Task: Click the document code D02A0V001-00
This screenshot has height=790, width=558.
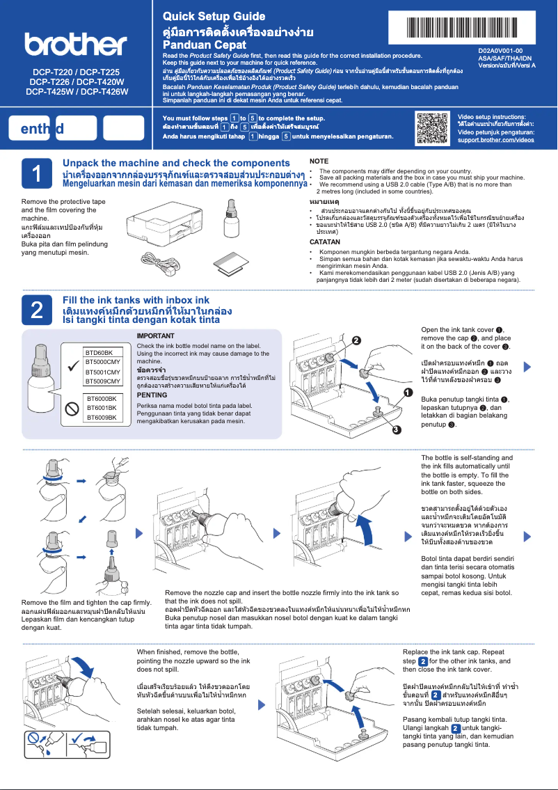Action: [x=500, y=51]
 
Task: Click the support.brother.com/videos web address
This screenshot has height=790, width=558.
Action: [x=495, y=140]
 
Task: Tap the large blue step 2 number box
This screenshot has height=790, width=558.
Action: [x=35, y=310]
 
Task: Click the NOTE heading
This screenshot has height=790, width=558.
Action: [x=319, y=161]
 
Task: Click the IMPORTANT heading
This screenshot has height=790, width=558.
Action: [x=156, y=335]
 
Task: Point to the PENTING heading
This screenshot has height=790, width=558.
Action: [x=152, y=395]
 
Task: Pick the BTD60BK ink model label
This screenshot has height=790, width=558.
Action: [x=99, y=353]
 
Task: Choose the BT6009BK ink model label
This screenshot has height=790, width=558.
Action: [x=100, y=417]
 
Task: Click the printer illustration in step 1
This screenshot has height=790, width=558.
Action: [x=159, y=222]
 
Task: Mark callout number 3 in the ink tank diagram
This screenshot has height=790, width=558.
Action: [x=396, y=429]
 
